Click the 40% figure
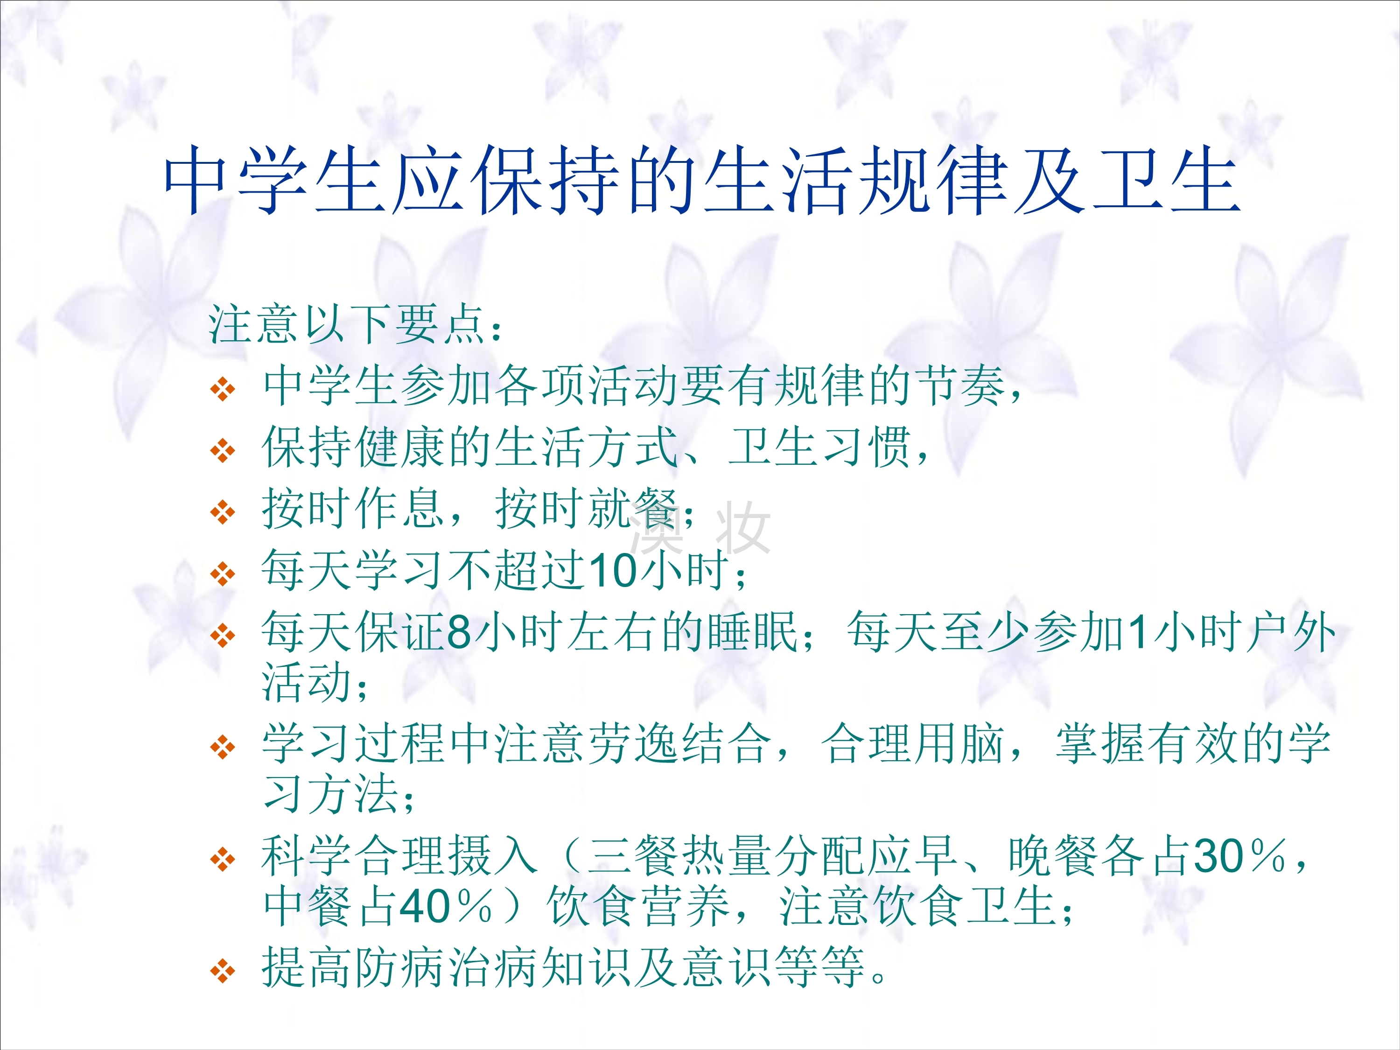coord(446,907)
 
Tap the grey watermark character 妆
coord(742,527)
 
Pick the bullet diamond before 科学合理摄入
coord(223,860)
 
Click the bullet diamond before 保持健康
coord(223,451)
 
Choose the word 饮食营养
coord(639,907)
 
